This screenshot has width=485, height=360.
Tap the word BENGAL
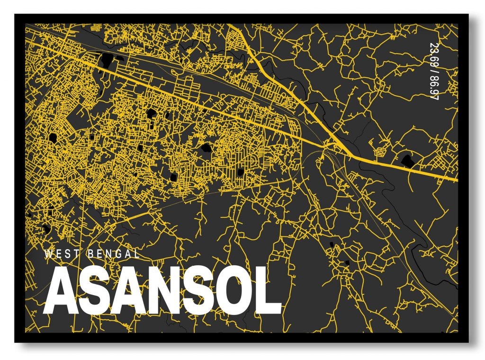coord(114,254)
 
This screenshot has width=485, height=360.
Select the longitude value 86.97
coord(433,88)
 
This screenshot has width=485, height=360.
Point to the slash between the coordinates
coord(433,71)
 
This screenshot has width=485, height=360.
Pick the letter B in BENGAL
coord(90,254)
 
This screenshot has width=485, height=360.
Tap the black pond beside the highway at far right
coord(407,160)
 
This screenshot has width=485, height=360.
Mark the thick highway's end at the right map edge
coord(457,180)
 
